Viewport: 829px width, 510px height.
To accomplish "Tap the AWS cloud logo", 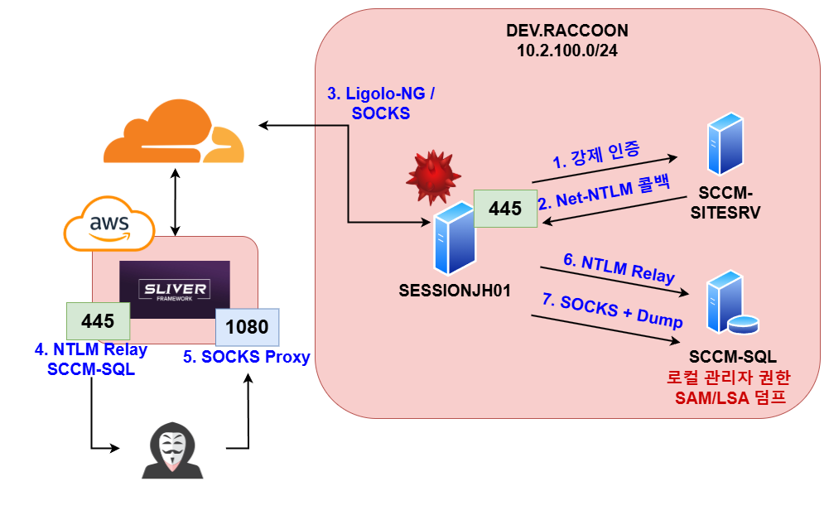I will point(108,226).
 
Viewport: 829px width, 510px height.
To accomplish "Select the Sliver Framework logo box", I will point(174,290).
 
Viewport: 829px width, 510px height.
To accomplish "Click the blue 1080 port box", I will point(247,327).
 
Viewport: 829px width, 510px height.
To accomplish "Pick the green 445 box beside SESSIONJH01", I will point(505,209).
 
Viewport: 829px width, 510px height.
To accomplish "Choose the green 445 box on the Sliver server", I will point(98,320).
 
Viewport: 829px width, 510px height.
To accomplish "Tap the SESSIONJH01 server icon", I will point(453,243).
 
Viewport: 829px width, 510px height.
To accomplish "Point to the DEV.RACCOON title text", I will point(567,31).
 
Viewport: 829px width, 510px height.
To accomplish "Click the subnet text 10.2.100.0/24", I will point(567,51).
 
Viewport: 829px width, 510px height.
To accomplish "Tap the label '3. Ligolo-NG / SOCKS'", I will point(381,103).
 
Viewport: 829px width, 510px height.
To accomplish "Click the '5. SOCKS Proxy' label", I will point(246,358).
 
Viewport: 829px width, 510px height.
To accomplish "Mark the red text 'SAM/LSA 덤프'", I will point(729,399).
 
